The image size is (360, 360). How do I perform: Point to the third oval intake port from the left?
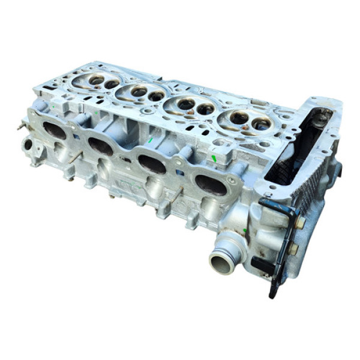pyautogui.click(x=152, y=164)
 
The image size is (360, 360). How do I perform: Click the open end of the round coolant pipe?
pyautogui.click(x=221, y=262)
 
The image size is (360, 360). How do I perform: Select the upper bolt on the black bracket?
pyautogui.click(x=299, y=222)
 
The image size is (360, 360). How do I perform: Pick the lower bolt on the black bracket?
pyautogui.click(x=293, y=247)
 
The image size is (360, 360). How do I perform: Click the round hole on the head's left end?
pyautogui.click(x=28, y=145)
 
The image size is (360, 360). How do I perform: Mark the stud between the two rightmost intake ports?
pyautogui.click(x=178, y=194)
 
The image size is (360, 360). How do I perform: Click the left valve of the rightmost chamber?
pyautogui.click(x=238, y=118)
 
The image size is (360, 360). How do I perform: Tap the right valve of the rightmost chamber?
pyautogui.click(x=261, y=124)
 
